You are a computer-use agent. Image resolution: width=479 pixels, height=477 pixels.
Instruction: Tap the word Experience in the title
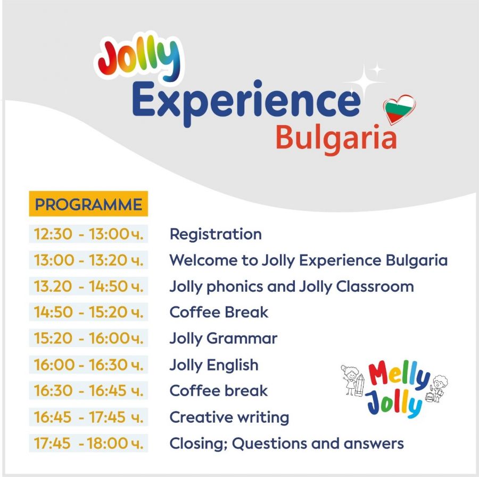click(246, 102)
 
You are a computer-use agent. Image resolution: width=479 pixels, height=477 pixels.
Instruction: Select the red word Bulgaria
click(336, 139)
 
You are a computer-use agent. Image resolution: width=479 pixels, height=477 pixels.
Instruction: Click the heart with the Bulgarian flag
click(399, 109)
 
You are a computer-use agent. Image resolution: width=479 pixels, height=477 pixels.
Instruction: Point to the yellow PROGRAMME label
click(88, 204)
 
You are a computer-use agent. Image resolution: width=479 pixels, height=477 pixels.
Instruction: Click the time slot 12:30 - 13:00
click(88, 234)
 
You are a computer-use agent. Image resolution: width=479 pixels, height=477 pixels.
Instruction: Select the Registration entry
click(216, 235)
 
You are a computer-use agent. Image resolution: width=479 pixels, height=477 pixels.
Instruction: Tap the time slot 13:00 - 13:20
click(88, 260)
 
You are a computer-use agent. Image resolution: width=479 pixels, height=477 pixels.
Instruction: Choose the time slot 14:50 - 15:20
click(88, 312)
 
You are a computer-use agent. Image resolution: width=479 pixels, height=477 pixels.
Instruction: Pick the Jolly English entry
click(214, 365)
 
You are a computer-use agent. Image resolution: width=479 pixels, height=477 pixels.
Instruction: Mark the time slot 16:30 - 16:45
click(88, 391)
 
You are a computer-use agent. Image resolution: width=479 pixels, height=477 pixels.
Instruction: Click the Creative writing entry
click(229, 417)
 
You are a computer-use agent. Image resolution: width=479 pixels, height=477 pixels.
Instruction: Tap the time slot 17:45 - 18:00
click(88, 443)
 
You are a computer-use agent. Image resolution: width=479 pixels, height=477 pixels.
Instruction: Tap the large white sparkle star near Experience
click(364, 82)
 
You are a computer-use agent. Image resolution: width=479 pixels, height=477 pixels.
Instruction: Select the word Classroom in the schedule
click(375, 286)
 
